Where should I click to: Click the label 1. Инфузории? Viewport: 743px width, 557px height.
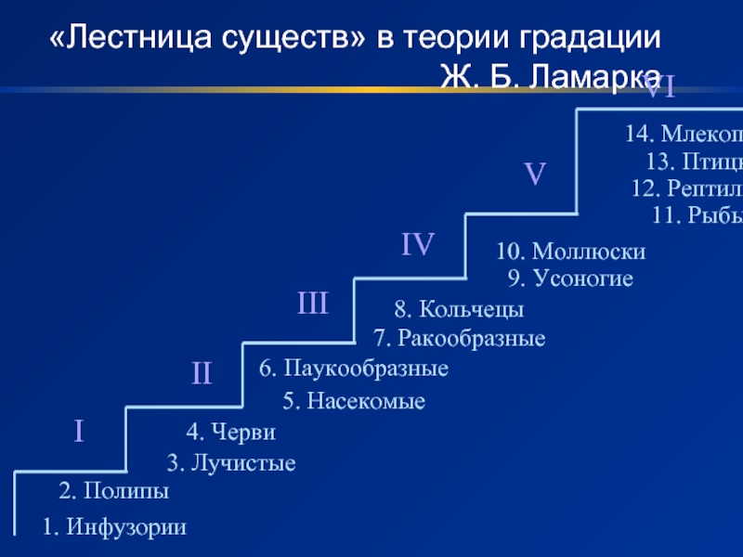(x=114, y=528)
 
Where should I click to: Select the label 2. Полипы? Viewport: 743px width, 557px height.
(x=114, y=490)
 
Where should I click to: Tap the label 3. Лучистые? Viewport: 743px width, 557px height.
(x=231, y=462)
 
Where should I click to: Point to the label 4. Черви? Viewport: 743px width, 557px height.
(x=231, y=432)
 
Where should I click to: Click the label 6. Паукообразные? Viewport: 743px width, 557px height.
(x=354, y=369)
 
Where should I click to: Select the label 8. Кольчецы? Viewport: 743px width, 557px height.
(x=459, y=308)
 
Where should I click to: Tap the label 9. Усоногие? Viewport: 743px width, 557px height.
(x=570, y=278)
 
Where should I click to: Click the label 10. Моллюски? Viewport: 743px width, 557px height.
(x=570, y=252)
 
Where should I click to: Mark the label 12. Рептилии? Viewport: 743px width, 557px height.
(x=687, y=188)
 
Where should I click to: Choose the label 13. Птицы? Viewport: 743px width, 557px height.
(x=694, y=162)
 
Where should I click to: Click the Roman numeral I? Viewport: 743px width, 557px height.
(x=80, y=430)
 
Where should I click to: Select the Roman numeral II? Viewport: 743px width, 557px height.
(x=202, y=374)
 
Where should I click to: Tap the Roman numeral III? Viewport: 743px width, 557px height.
(x=312, y=303)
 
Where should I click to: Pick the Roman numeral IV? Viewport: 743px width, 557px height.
(x=418, y=245)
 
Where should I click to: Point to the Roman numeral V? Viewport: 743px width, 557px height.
(x=534, y=174)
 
